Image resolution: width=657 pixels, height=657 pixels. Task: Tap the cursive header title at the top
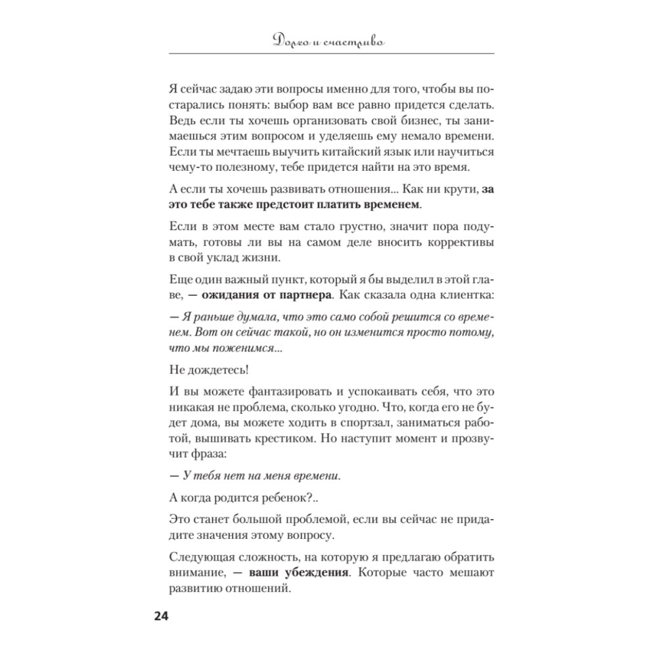point(329,42)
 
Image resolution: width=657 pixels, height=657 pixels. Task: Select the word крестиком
point(279,440)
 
